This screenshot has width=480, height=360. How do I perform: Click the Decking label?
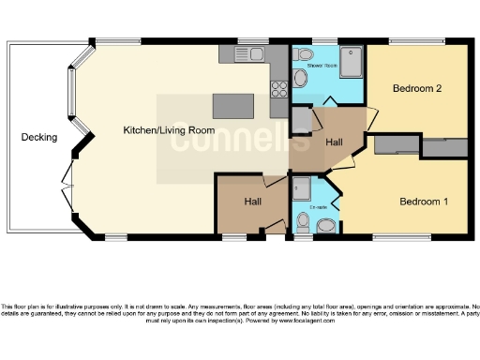coord(39,138)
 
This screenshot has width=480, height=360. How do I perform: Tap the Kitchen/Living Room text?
coord(170,130)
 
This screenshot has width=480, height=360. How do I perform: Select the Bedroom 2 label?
coord(417,89)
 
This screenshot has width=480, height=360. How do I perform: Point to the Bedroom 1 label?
coord(424,202)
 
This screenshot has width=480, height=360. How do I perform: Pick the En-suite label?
coord(316,206)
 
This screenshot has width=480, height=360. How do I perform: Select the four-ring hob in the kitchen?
coord(278,89)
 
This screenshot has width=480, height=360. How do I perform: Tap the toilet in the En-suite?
coord(302,222)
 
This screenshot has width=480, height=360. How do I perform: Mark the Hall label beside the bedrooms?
coord(335,142)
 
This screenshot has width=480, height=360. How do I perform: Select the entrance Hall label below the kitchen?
coord(254,201)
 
